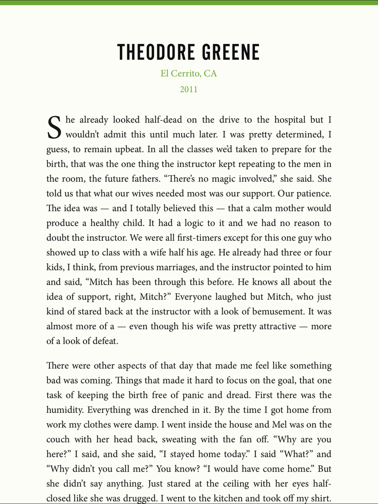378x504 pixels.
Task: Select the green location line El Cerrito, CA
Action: pyautogui.click(x=189, y=73)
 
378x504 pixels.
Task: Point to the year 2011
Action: pyautogui.click(x=189, y=90)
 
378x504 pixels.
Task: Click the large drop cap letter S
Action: pyautogui.click(x=54, y=128)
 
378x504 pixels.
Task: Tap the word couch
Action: pyautogui.click(x=58, y=439)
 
